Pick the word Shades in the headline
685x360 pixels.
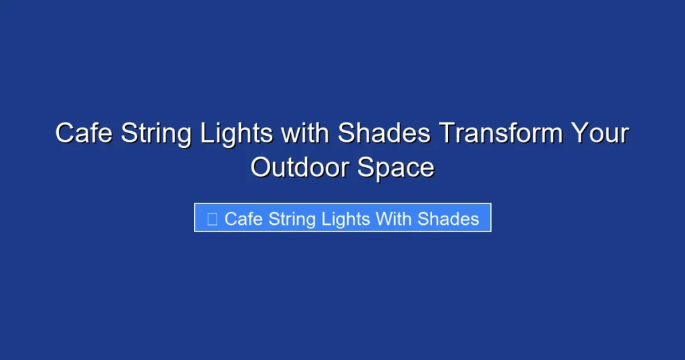tap(384, 133)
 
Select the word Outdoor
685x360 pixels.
tap(299, 167)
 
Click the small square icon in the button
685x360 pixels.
tap(212, 219)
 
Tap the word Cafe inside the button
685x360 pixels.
tap(243, 219)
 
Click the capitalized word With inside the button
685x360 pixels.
tap(394, 219)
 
